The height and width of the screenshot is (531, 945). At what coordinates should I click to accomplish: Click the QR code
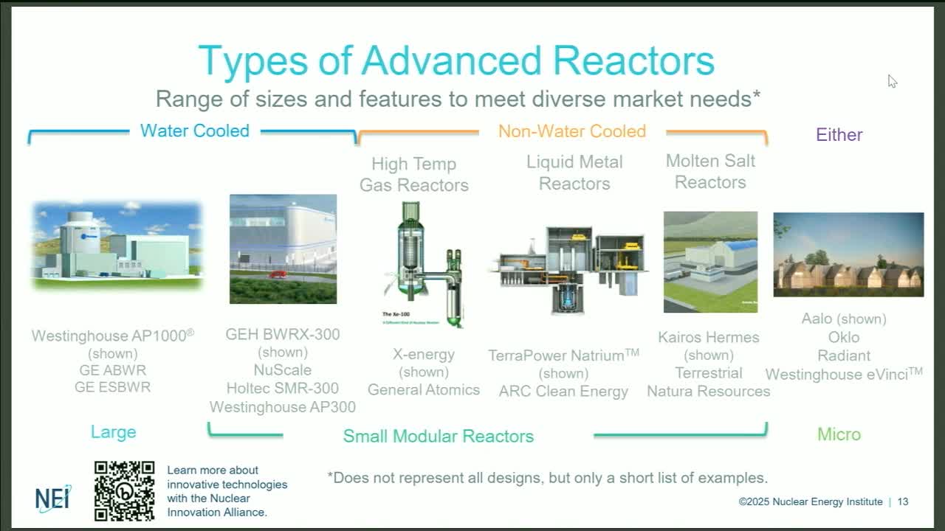[x=124, y=490]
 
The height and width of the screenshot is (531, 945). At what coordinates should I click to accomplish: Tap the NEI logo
[x=53, y=499]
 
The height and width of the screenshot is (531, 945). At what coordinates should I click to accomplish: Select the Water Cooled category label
[x=195, y=131]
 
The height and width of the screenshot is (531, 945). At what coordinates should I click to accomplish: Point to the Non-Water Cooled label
[x=571, y=131]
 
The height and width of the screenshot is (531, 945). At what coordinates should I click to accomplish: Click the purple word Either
[x=839, y=134]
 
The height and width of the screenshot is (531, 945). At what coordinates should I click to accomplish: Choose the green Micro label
[x=839, y=434]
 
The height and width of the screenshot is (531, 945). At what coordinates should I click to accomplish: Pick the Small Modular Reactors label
[x=438, y=436]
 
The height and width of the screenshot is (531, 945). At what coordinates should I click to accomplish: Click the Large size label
[x=113, y=432]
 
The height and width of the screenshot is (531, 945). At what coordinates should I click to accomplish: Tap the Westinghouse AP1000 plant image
[x=117, y=245]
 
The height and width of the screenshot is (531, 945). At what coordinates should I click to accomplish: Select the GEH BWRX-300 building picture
[x=283, y=249]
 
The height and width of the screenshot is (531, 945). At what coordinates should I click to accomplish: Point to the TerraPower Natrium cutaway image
[x=568, y=269]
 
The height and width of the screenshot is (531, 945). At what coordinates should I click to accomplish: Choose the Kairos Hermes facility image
[x=710, y=262]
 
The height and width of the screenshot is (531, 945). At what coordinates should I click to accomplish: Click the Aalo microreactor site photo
[x=848, y=254]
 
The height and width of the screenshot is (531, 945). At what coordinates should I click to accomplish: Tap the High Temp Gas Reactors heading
[x=413, y=174]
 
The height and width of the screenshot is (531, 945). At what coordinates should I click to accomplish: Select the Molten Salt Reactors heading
[x=710, y=171]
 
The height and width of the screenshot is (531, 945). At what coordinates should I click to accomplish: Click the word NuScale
[x=282, y=370]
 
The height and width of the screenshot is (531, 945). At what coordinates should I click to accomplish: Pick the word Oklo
[x=843, y=337]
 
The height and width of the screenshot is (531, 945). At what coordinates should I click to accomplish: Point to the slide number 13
[x=903, y=502]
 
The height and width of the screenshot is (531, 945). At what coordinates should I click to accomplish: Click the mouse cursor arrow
[x=892, y=80]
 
